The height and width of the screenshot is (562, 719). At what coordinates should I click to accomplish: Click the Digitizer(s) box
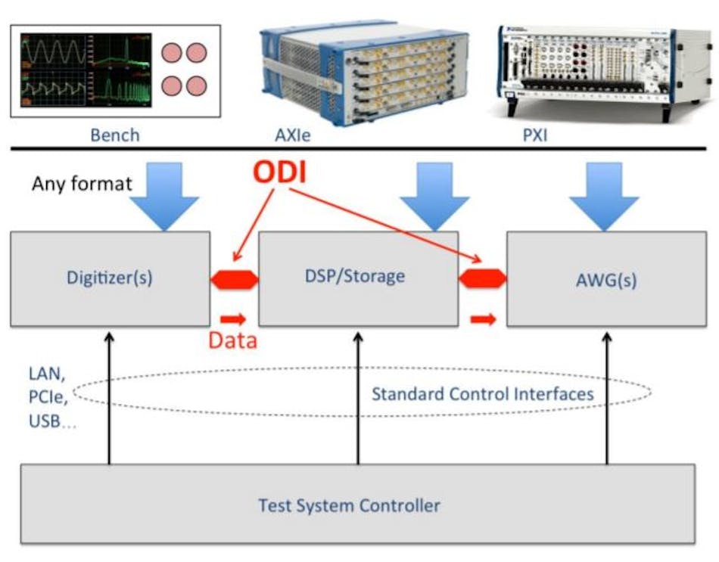tap(110, 278)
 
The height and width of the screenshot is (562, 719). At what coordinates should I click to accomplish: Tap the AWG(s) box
tap(605, 281)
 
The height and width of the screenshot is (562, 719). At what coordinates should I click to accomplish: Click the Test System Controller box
tap(357, 505)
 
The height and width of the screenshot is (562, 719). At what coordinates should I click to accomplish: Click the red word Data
tap(232, 340)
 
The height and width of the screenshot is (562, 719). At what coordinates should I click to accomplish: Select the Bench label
tap(115, 135)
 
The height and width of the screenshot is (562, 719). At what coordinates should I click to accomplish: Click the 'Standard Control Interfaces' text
tap(482, 393)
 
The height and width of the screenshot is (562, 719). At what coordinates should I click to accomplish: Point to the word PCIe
tap(47, 396)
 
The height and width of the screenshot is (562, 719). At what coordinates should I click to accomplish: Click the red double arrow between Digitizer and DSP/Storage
tap(235, 279)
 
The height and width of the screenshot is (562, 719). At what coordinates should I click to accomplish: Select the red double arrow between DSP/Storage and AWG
tap(482, 279)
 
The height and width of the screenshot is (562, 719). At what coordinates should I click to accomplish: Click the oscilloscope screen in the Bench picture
tap(85, 69)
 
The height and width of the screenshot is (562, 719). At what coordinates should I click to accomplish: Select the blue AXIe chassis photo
tap(356, 73)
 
